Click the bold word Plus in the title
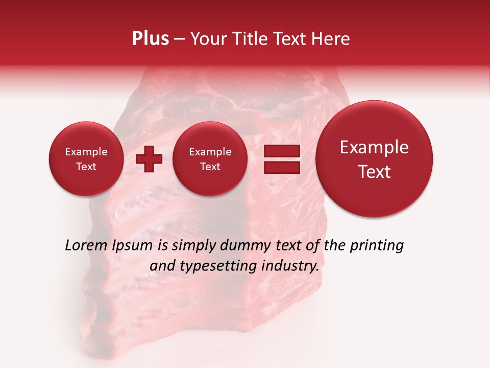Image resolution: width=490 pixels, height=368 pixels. (150, 39)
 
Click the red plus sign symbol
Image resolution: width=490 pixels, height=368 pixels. (149, 159)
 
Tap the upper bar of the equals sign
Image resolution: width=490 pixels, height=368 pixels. (282, 151)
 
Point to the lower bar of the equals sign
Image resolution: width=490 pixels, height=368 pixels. (282, 167)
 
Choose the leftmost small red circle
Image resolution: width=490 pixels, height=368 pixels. (86, 159)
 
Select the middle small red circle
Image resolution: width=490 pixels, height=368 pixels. (210, 159)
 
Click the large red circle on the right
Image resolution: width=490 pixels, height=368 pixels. (374, 159)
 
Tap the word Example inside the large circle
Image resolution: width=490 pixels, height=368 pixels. (374, 147)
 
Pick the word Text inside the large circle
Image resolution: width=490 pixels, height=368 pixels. (374, 172)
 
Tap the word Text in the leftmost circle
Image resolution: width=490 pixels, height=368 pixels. (86, 167)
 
